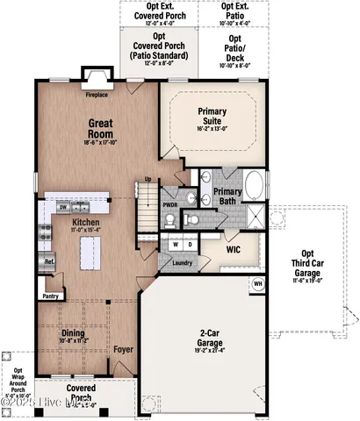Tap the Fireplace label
click(x=97, y=93)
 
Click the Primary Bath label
click(x=227, y=196)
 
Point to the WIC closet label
click(x=233, y=249)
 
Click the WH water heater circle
click(x=258, y=283)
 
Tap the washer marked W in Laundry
click(x=176, y=245)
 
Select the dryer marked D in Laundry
click(x=191, y=245)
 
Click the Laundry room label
click(x=183, y=261)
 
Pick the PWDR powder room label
click(x=170, y=204)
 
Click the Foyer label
click(x=123, y=349)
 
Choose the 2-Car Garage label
click(x=209, y=338)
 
